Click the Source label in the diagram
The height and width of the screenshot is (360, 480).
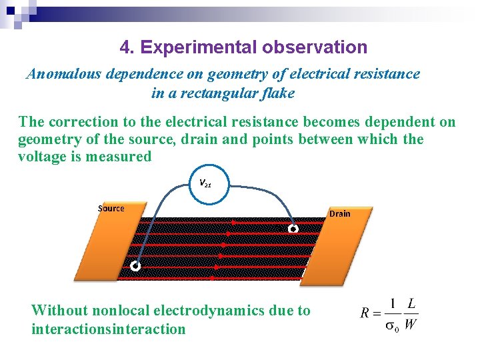tap(111, 208)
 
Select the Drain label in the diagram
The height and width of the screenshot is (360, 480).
tap(339, 213)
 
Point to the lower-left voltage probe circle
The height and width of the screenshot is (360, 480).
tap(135, 266)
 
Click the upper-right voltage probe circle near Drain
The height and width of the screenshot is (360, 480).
tap(293, 229)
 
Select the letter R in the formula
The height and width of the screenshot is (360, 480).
tap(365, 313)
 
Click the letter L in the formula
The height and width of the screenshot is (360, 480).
tap(411, 304)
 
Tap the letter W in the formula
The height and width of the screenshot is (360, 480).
tap(411, 325)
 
